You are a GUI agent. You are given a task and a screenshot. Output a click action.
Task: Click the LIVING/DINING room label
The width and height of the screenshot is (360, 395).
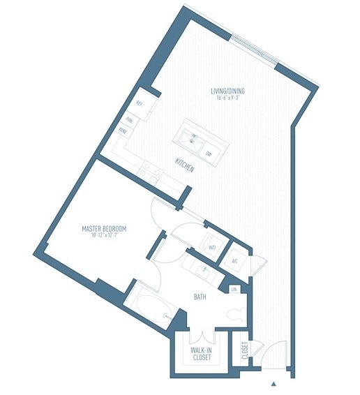(228, 91)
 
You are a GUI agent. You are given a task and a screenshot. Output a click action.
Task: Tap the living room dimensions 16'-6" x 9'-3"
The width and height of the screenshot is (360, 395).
(228, 98)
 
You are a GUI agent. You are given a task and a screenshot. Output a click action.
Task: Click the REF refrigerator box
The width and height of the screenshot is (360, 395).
(140, 103)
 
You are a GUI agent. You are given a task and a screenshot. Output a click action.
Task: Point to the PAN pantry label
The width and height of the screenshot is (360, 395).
(130, 120)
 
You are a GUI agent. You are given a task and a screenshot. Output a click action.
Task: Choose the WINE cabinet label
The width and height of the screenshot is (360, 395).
(123, 131)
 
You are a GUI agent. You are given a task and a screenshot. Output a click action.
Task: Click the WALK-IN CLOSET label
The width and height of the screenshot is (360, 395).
(202, 355)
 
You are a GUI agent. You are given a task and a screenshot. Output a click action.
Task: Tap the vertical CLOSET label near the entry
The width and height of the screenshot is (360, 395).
(244, 350)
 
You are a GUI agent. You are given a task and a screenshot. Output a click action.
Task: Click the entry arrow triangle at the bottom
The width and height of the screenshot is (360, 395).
(274, 383)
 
